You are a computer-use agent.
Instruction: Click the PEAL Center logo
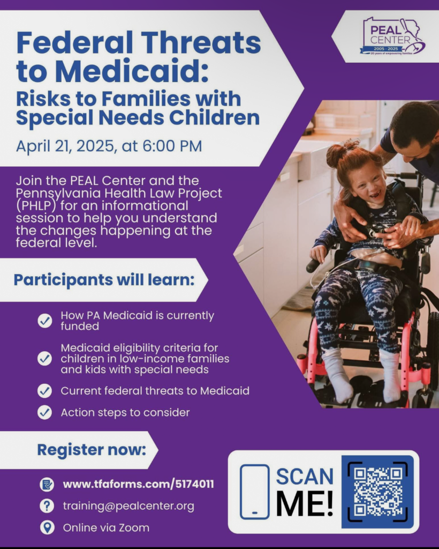pyautogui.click(x=392, y=36)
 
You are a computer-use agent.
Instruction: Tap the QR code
pyautogui.click(x=377, y=492)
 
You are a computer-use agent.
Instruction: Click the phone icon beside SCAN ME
pyautogui.click(x=254, y=492)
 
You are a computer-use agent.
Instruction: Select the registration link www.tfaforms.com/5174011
pyautogui.click(x=139, y=484)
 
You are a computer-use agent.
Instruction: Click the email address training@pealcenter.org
pyautogui.click(x=128, y=506)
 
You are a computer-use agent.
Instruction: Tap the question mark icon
pyautogui.click(x=47, y=506)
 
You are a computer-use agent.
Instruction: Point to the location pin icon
pyautogui.click(x=47, y=528)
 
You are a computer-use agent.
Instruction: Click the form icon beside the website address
pyautogui.click(x=47, y=484)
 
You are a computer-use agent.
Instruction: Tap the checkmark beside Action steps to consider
pyautogui.click(x=45, y=412)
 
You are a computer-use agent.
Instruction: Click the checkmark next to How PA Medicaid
pyautogui.click(x=45, y=321)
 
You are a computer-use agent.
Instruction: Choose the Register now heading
pyautogui.click(x=92, y=450)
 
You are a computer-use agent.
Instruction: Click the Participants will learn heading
pyautogui.click(x=104, y=280)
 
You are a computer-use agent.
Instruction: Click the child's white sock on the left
pyautogui.click(x=336, y=375)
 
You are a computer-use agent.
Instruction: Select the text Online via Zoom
pyautogui.click(x=106, y=528)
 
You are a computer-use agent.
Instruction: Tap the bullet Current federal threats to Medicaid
pyautogui.click(x=155, y=391)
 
